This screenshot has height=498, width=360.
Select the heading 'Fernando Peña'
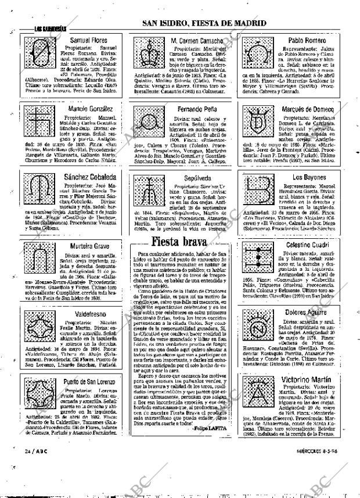(x=198, y=109)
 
